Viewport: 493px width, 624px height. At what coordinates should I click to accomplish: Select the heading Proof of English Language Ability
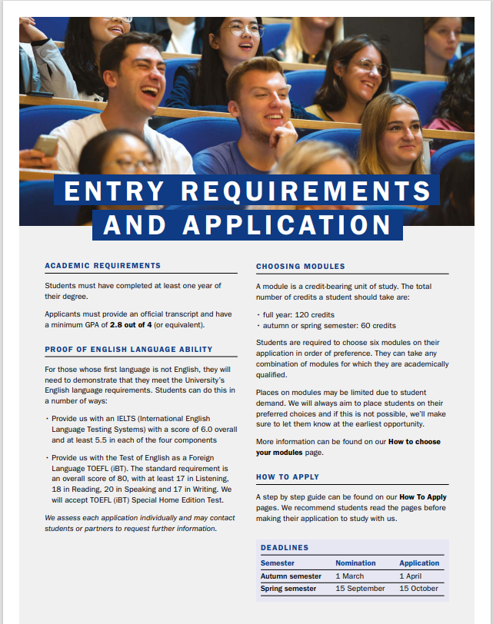click(128, 350)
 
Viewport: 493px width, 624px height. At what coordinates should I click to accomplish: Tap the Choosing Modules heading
click(300, 267)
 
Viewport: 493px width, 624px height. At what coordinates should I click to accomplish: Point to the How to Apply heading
click(287, 477)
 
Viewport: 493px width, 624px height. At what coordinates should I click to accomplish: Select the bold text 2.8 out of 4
click(138, 325)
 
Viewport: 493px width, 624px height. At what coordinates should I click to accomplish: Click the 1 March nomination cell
click(349, 576)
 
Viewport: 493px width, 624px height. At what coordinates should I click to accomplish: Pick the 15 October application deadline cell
click(419, 589)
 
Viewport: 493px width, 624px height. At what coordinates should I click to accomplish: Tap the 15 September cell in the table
click(360, 589)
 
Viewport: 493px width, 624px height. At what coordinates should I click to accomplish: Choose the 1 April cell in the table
click(411, 576)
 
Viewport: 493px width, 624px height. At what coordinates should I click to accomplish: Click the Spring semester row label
click(288, 589)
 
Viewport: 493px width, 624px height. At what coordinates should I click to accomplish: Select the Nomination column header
click(355, 563)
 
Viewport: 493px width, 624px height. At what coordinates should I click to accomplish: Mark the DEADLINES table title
click(285, 548)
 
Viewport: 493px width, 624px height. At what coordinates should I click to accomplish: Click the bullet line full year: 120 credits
click(298, 315)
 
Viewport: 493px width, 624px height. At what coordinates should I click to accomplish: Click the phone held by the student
click(46, 144)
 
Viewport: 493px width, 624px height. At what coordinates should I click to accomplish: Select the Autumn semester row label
click(291, 576)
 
